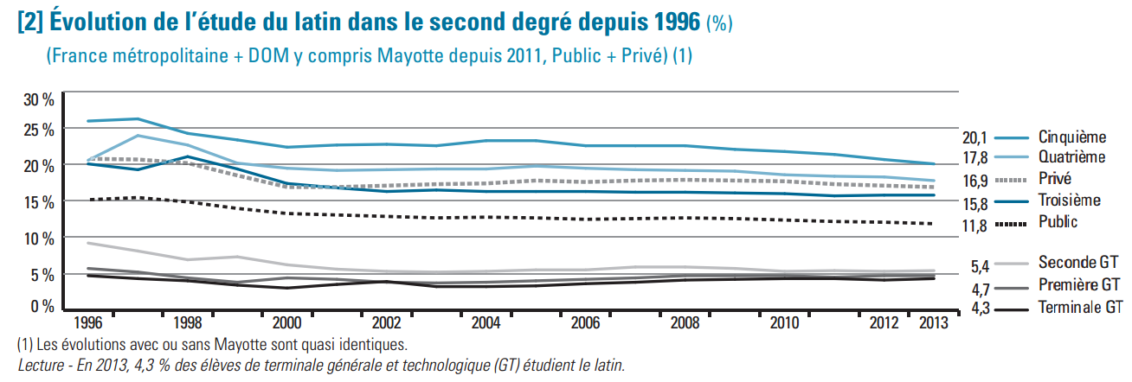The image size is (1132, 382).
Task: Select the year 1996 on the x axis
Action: (88, 322)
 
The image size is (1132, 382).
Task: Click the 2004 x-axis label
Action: (486, 322)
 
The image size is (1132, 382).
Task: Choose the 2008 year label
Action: (685, 322)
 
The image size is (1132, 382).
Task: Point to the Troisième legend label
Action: (1069, 201)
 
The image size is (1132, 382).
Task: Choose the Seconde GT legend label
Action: (1076, 262)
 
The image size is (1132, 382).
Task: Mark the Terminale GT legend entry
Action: (1079, 307)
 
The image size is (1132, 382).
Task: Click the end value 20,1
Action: (975, 137)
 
